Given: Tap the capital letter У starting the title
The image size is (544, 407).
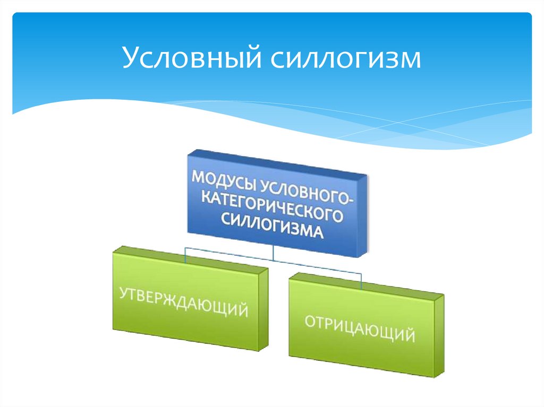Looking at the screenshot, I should point(131,58).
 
